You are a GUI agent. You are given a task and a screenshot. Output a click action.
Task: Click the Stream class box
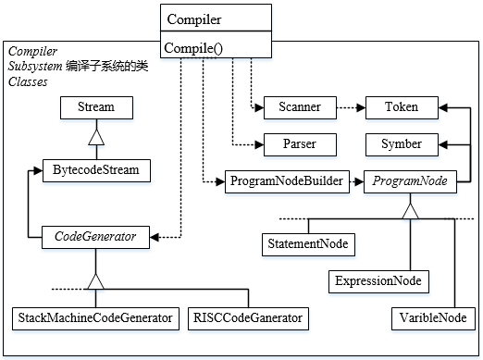click(96, 107)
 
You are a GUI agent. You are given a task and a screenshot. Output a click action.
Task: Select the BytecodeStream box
click(96, 170)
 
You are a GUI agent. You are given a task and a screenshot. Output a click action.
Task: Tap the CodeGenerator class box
click(95, 237)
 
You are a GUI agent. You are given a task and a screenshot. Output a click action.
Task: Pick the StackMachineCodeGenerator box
click(95, 318)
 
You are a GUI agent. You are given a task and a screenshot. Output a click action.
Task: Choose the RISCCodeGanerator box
click(248, 318)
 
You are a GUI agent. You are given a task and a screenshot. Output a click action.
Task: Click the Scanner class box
click(300, 107)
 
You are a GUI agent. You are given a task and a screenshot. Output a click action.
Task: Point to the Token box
click(402, 107)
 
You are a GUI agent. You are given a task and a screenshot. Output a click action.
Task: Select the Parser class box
click(300, 144)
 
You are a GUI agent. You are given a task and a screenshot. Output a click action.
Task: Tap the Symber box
click(402, 144)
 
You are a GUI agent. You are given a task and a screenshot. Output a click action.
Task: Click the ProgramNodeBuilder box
click(287, 181)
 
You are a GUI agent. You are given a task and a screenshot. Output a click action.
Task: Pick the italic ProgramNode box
click(410, 181)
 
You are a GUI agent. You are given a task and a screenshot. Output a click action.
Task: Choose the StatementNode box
click(308, 244)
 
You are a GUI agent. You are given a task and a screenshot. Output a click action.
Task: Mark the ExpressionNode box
click(378, 281)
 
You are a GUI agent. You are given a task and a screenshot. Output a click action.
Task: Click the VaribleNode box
click(433, 318)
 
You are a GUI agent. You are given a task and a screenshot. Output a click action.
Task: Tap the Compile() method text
click(193, 48)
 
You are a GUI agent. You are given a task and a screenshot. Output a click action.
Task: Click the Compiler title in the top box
click(194, 19)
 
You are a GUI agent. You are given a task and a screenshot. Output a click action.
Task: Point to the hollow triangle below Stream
click(96, 137)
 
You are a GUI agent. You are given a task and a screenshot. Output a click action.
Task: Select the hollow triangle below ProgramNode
click(411, 211)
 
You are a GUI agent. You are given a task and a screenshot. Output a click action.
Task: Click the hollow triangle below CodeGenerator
click(95, 281)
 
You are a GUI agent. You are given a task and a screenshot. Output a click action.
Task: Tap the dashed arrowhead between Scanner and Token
click(361, 108)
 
